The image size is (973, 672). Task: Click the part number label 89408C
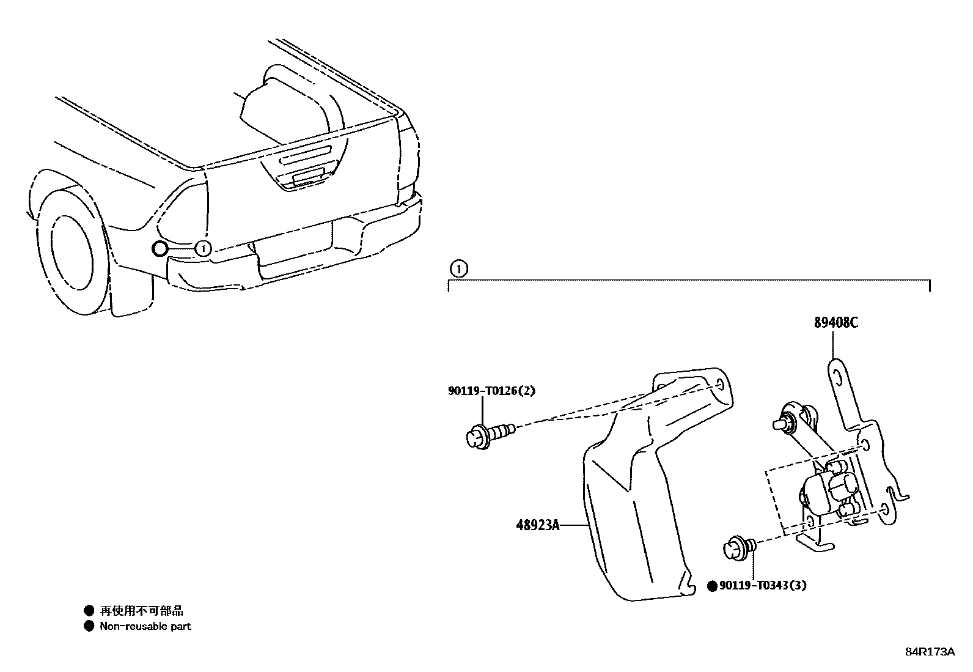pos(835,323)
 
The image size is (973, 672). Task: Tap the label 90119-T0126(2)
pos(491,391)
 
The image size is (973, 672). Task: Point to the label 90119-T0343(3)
pos(762,586)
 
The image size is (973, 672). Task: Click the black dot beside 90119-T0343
pos(711,586)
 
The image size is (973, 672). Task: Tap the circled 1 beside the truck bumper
pos(203,248)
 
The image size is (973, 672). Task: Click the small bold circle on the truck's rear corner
pos(159,248)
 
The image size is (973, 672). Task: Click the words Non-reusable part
pos(145,626)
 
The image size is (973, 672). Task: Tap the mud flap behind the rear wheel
pos(131,294)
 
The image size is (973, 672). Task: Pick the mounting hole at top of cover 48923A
pos(719,385)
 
